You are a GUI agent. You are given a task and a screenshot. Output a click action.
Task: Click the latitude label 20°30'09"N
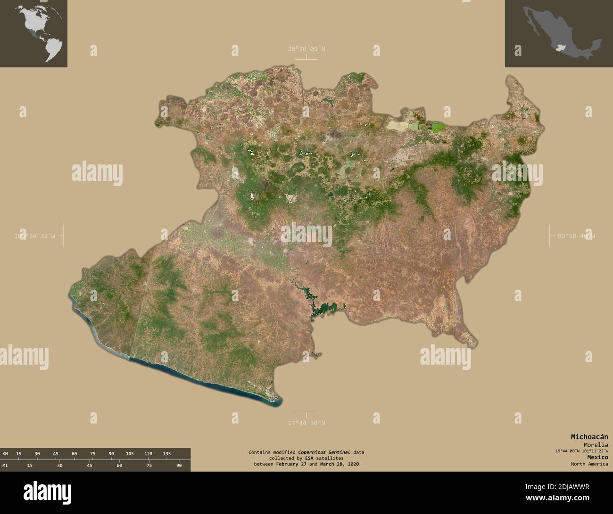pos(306,49)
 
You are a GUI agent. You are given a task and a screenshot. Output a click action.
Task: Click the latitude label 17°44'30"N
pos(306,423)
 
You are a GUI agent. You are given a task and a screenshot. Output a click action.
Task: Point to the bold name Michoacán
pos(589,437)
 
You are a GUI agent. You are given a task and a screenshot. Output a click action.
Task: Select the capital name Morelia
pos(595,445)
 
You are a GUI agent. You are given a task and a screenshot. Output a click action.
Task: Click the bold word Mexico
pos(597,457)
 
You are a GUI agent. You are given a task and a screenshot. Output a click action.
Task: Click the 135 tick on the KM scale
pos(166,453)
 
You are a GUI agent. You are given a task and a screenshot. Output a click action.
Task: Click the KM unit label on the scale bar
pos(5,453)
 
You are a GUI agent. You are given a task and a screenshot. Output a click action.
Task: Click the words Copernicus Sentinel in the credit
pos(324,452)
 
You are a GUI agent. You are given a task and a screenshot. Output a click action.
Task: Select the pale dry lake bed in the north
pos(398,125)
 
